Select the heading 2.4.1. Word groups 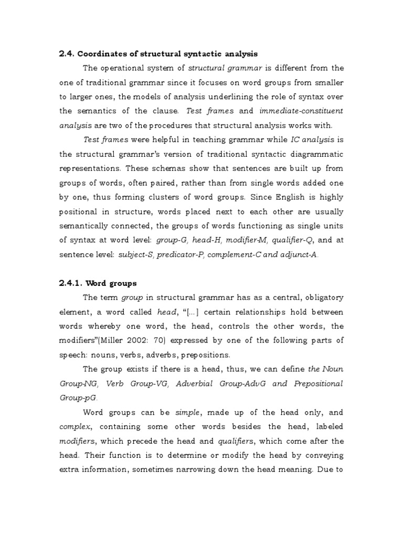98,283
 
